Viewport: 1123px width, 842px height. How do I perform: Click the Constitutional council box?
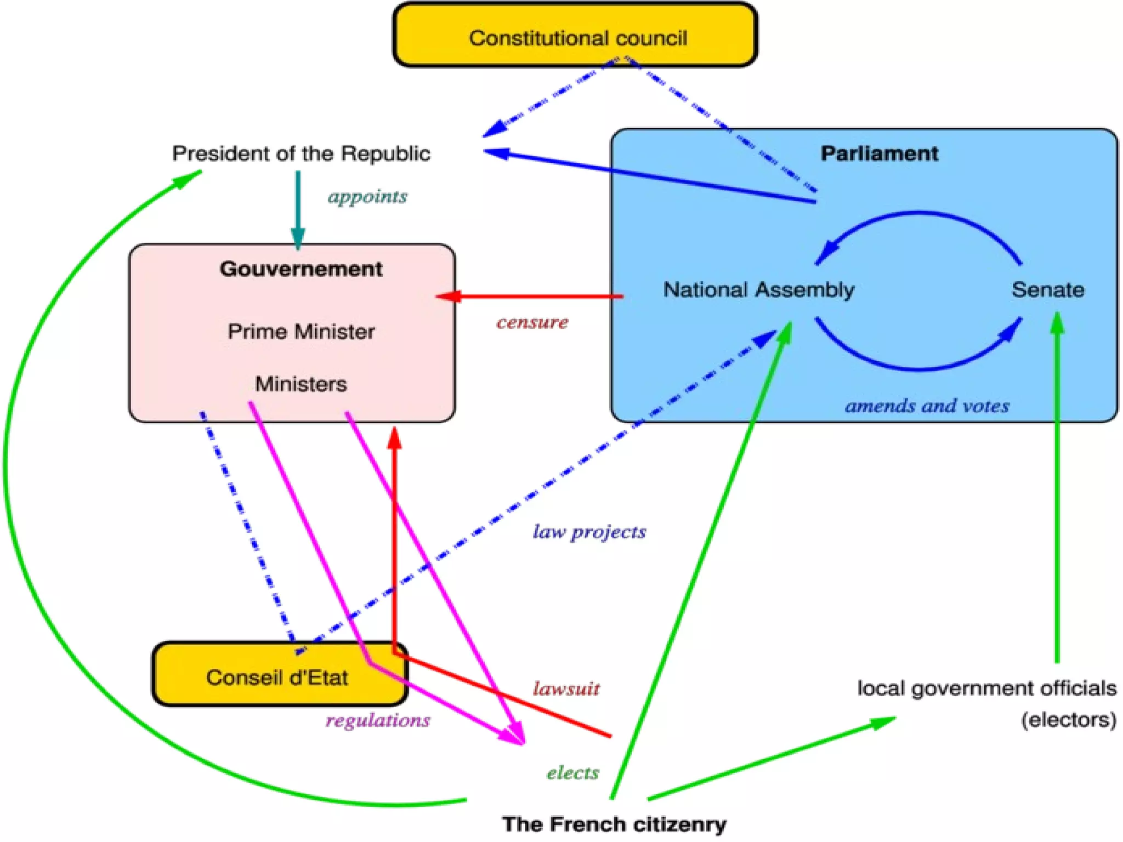point(576,37)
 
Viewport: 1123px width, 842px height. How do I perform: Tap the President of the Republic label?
point(301,153)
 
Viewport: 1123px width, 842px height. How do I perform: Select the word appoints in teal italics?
point(367,196)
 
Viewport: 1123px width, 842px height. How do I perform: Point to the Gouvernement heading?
point(301,269)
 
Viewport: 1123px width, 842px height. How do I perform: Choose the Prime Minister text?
point(301,332)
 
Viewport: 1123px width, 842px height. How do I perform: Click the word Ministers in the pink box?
point(301,384)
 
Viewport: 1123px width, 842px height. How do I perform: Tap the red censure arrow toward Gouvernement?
point(532,297)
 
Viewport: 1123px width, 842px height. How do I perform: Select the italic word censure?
point(532,322)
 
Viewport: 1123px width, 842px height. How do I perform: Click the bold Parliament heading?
point(879,153)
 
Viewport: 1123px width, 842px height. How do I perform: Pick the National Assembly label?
point(759,289)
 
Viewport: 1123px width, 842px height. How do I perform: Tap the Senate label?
point(1048,289)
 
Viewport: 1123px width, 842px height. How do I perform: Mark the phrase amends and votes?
point(927,406)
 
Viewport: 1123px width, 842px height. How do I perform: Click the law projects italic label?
point(589,532)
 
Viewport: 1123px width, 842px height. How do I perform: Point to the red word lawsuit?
point(566,689)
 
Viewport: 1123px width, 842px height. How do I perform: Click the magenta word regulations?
point(378,720)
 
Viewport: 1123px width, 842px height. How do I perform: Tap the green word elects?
point(572,773)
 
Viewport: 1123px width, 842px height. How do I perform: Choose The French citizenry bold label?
point(614,824)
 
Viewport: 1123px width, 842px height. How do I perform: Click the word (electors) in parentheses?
point(1068,720)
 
